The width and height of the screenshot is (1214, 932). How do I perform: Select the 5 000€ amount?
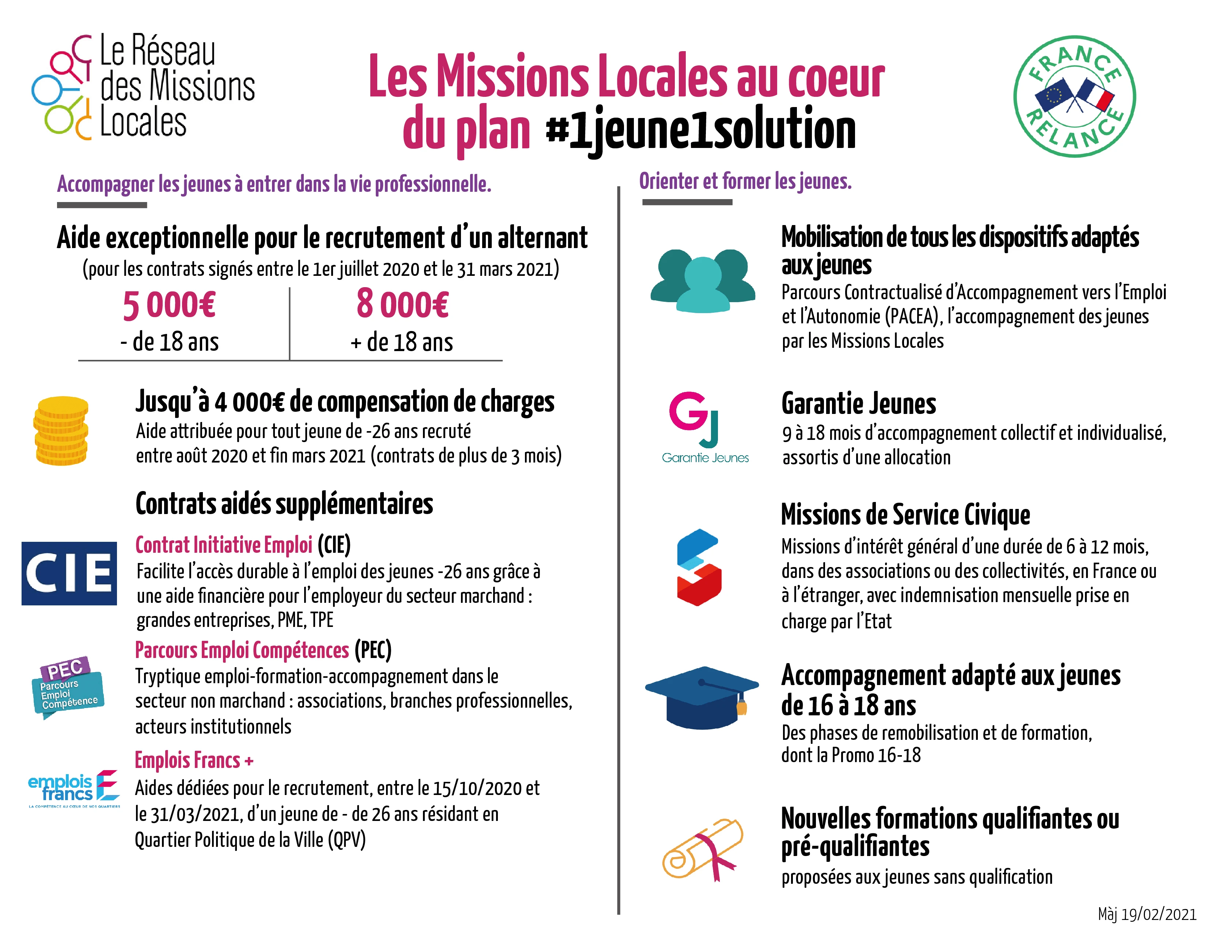(x=169, y=305)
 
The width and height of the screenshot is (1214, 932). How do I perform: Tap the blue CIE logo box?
(x=69, y=573)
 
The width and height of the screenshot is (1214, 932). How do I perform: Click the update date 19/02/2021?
(x=1147, y=914)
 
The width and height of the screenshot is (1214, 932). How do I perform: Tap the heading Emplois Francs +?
(x=194, y=760)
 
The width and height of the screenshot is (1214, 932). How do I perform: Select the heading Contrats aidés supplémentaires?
(x=284, y=504)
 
